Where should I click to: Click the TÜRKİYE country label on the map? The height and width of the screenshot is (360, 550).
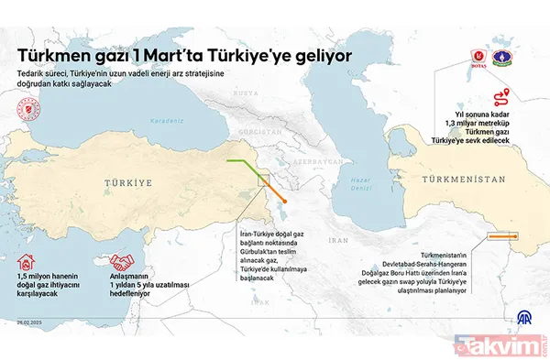point(131,183)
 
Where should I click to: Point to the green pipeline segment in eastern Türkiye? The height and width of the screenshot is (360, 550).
point(245,166)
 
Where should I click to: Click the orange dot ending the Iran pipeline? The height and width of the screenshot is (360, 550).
point(286,201)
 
